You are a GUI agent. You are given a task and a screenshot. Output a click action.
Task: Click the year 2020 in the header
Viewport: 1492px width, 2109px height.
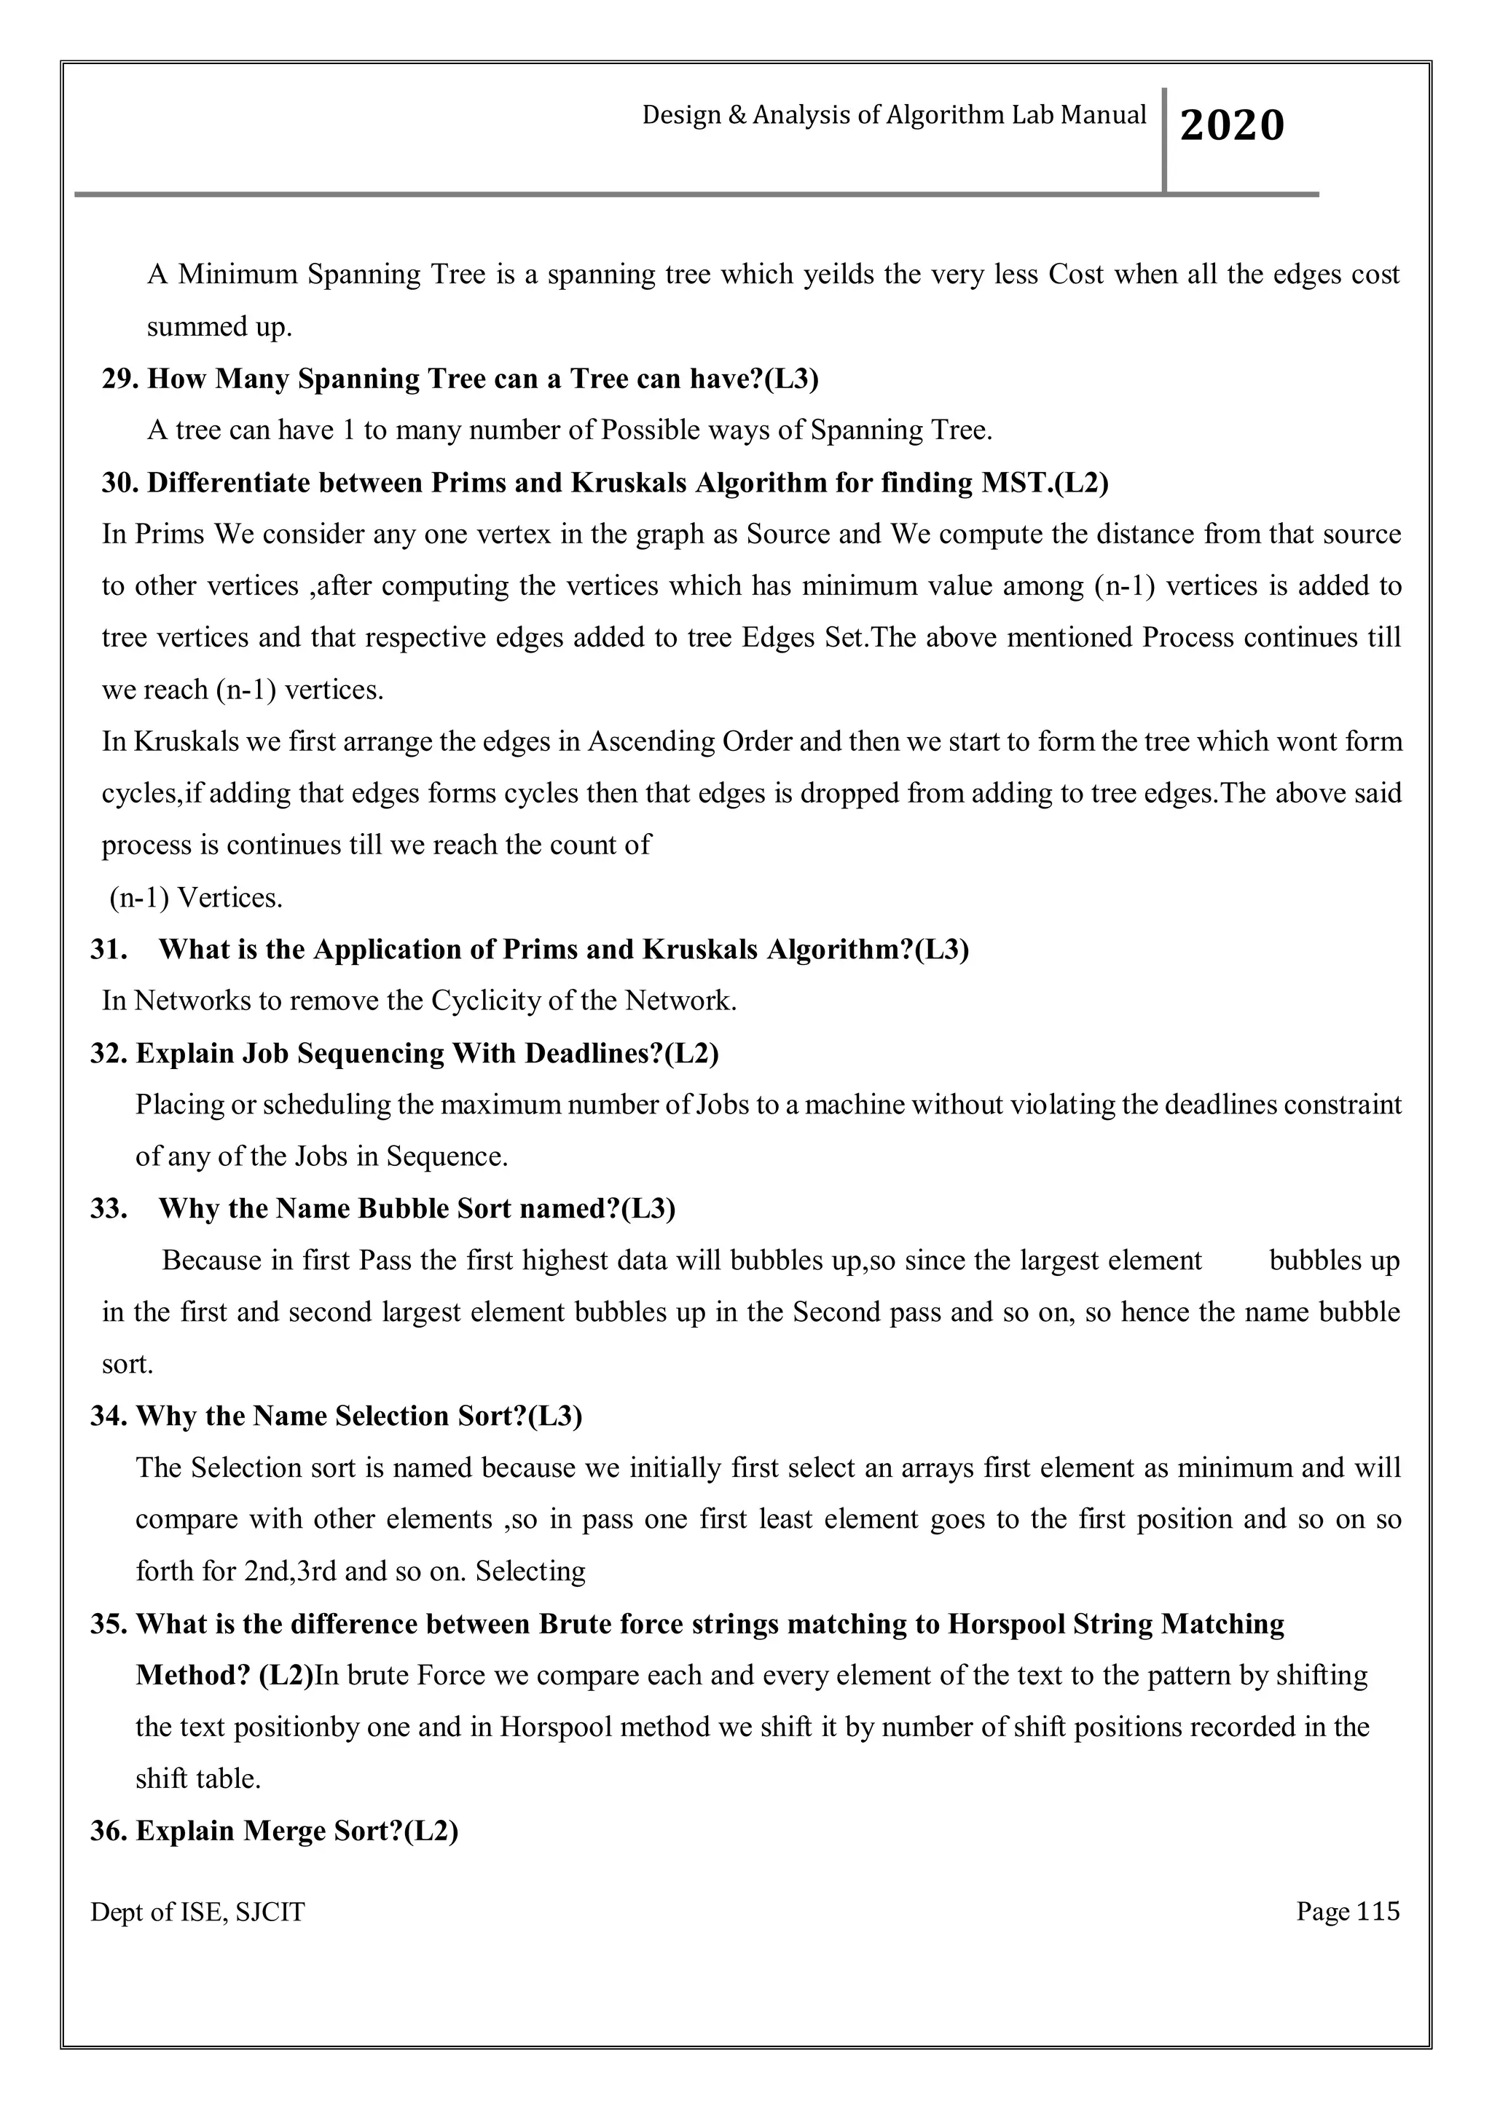point(1231,125)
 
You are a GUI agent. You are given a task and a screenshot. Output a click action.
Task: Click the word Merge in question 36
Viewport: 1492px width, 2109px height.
point(286,1831)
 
